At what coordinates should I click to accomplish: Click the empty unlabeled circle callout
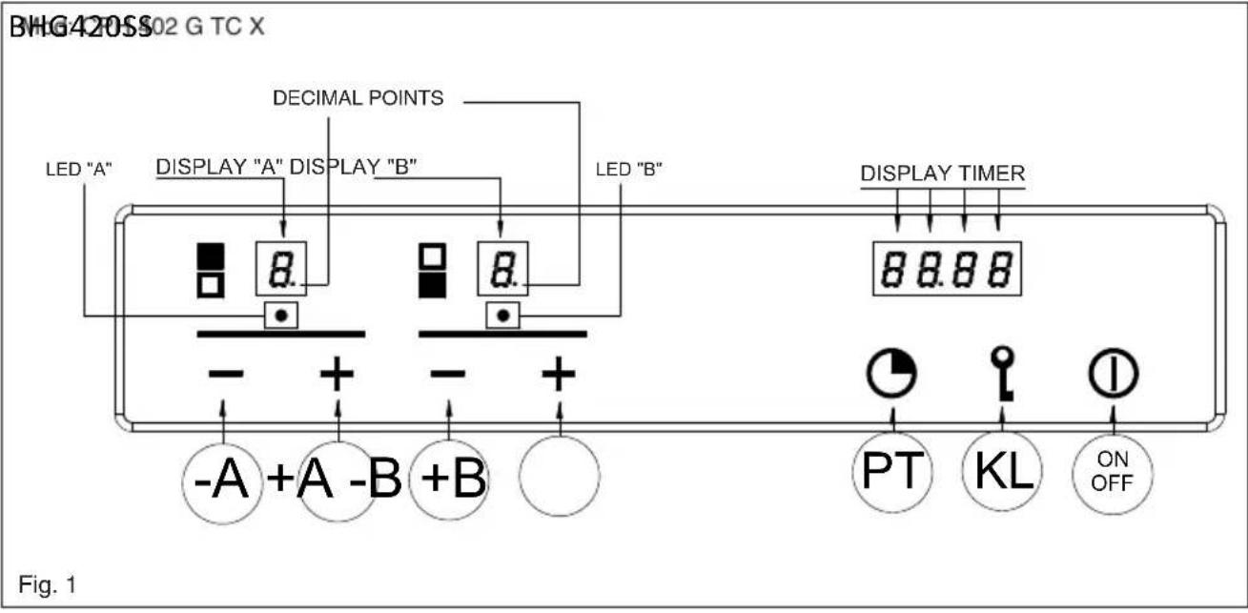(559, 474)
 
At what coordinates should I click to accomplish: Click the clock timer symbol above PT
(890, 376)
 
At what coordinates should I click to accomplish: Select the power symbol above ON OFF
(1112, 376)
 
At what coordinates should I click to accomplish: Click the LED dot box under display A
(281, 314)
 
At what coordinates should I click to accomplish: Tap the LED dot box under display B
(502, 314)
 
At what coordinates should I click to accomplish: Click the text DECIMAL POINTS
(358, 98)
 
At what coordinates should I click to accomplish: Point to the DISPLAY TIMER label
(943, 174)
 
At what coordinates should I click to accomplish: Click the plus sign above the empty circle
(559, 375)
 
